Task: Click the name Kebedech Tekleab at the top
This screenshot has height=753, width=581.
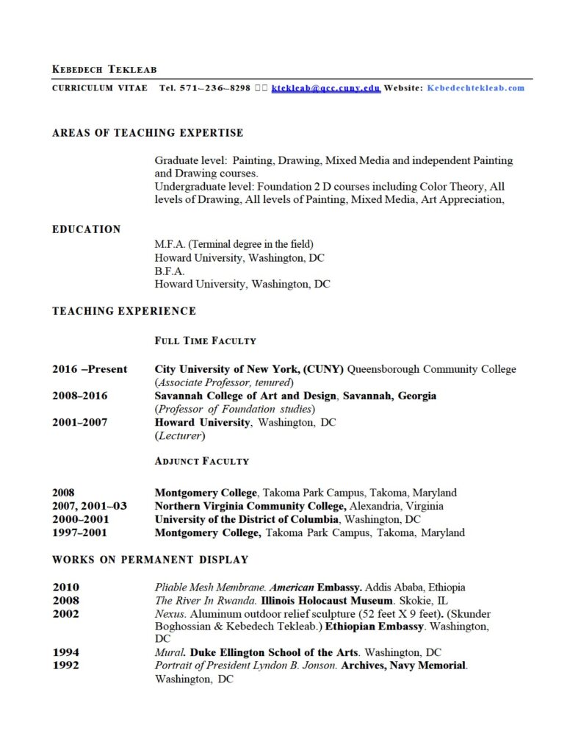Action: coord(104,69)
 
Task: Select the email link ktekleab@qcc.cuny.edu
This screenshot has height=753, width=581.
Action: coord(325,88)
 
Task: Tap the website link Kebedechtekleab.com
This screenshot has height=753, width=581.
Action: coord(476,88)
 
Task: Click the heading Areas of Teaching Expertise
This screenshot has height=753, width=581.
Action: coord(148,133)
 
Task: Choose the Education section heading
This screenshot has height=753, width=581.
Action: coord(86,229)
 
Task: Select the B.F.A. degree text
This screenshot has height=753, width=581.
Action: coord(170,271)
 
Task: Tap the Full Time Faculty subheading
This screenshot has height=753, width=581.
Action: coord(205,340)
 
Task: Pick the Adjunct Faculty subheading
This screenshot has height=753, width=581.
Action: coord(201,461)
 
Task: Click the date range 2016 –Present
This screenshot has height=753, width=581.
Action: coord(89,369)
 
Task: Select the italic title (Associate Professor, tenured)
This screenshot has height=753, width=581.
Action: coord(224,382)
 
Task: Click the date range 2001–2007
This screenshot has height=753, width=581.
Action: coord(79,422)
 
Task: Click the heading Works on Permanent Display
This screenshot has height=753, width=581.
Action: coord(150,560)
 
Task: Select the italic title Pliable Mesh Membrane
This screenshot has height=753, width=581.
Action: coord(210,588)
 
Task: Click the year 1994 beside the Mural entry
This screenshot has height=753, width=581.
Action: coord(65,652)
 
